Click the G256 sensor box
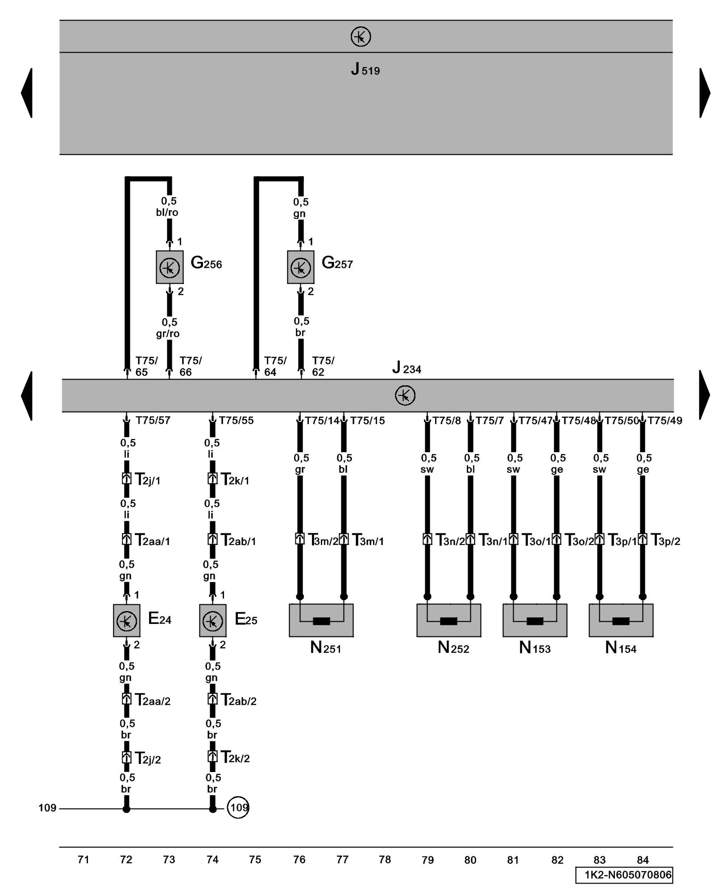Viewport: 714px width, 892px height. coord(170,267)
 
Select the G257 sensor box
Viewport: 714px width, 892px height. coord(300,267)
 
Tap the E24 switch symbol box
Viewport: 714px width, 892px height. coord(126,620)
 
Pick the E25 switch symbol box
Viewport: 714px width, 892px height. coord(212,620)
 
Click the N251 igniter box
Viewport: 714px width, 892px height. coord(321,620)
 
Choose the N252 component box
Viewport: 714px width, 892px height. coord(448,620)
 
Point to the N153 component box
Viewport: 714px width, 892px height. coord(535,620)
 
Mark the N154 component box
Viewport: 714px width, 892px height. coord(621,620)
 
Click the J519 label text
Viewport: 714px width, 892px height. coord(365,70)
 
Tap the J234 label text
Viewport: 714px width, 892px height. coord(407,368)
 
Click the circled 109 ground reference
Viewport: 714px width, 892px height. coord(238,808)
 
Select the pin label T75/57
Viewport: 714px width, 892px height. coord(153,421)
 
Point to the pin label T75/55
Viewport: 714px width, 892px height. coord(236,421)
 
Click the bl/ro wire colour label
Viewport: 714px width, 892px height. coord(167,212)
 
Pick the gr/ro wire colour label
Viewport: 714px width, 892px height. coord(168,334)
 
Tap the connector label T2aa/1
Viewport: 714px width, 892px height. coord(152,541)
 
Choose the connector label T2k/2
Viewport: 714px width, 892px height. coord(235,758)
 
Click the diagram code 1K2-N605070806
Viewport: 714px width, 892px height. coord(624,875)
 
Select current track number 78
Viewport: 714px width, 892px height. coord(385,859)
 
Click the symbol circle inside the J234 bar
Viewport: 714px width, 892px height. coord(405,396)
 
